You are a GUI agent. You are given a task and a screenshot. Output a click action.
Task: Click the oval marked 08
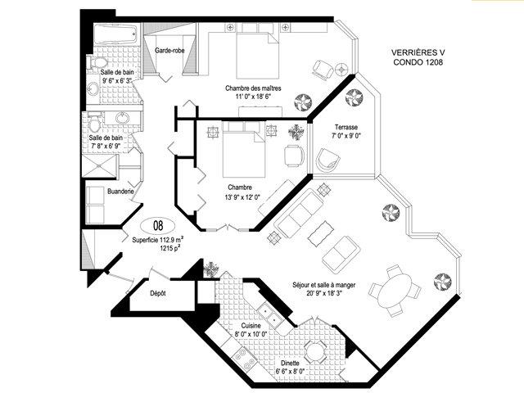pyautogui.click(x=158, y=226)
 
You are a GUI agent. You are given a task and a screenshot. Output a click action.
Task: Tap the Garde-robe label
pyautogui.click(x=169, y=51)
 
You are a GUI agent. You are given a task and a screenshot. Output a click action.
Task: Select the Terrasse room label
pyautogui.click(x=346, y=127)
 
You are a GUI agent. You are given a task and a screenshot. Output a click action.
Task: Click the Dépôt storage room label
pyautogui.click(x=158, y=293)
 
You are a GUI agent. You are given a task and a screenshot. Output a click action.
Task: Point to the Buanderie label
pyautogui.click(x=120, y=192)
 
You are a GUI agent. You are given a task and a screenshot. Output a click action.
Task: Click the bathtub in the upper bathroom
pyautogui.click(x=115, y=34)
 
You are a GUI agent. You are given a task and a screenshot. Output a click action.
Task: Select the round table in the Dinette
pyautogui.click(x=314, y=351)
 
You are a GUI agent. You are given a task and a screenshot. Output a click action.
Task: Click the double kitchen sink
pyautogui.click(x=270, y=316)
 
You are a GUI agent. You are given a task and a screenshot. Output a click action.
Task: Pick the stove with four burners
pyautogui.click(x=244, y=359)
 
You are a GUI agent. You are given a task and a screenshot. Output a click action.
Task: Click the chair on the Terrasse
pyautogui.click(x=327, y=160)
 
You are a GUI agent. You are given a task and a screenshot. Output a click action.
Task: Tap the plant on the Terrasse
pyautogui.click(x=354, y=97)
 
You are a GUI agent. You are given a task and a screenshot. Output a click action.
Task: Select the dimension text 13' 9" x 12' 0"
pyautogui.click(x=242, y=197)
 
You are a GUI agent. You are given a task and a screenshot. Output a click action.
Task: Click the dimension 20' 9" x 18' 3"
pyautogui.click(x=324, y=293)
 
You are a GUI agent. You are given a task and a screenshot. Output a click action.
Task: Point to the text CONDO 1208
pyautogui.click(x=418, y=62)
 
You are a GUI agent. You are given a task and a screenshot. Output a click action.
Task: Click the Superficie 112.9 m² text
pyautogui.click(x=158, y=239)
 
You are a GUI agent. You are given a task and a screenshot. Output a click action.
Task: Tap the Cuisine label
pyautogui.click(x=251, y=326)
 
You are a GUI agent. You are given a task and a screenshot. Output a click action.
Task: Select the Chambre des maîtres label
pyautogui.click(x=253, y=88)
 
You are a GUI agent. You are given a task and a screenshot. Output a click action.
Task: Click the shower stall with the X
pyautogui.click(x=100, y=165)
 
